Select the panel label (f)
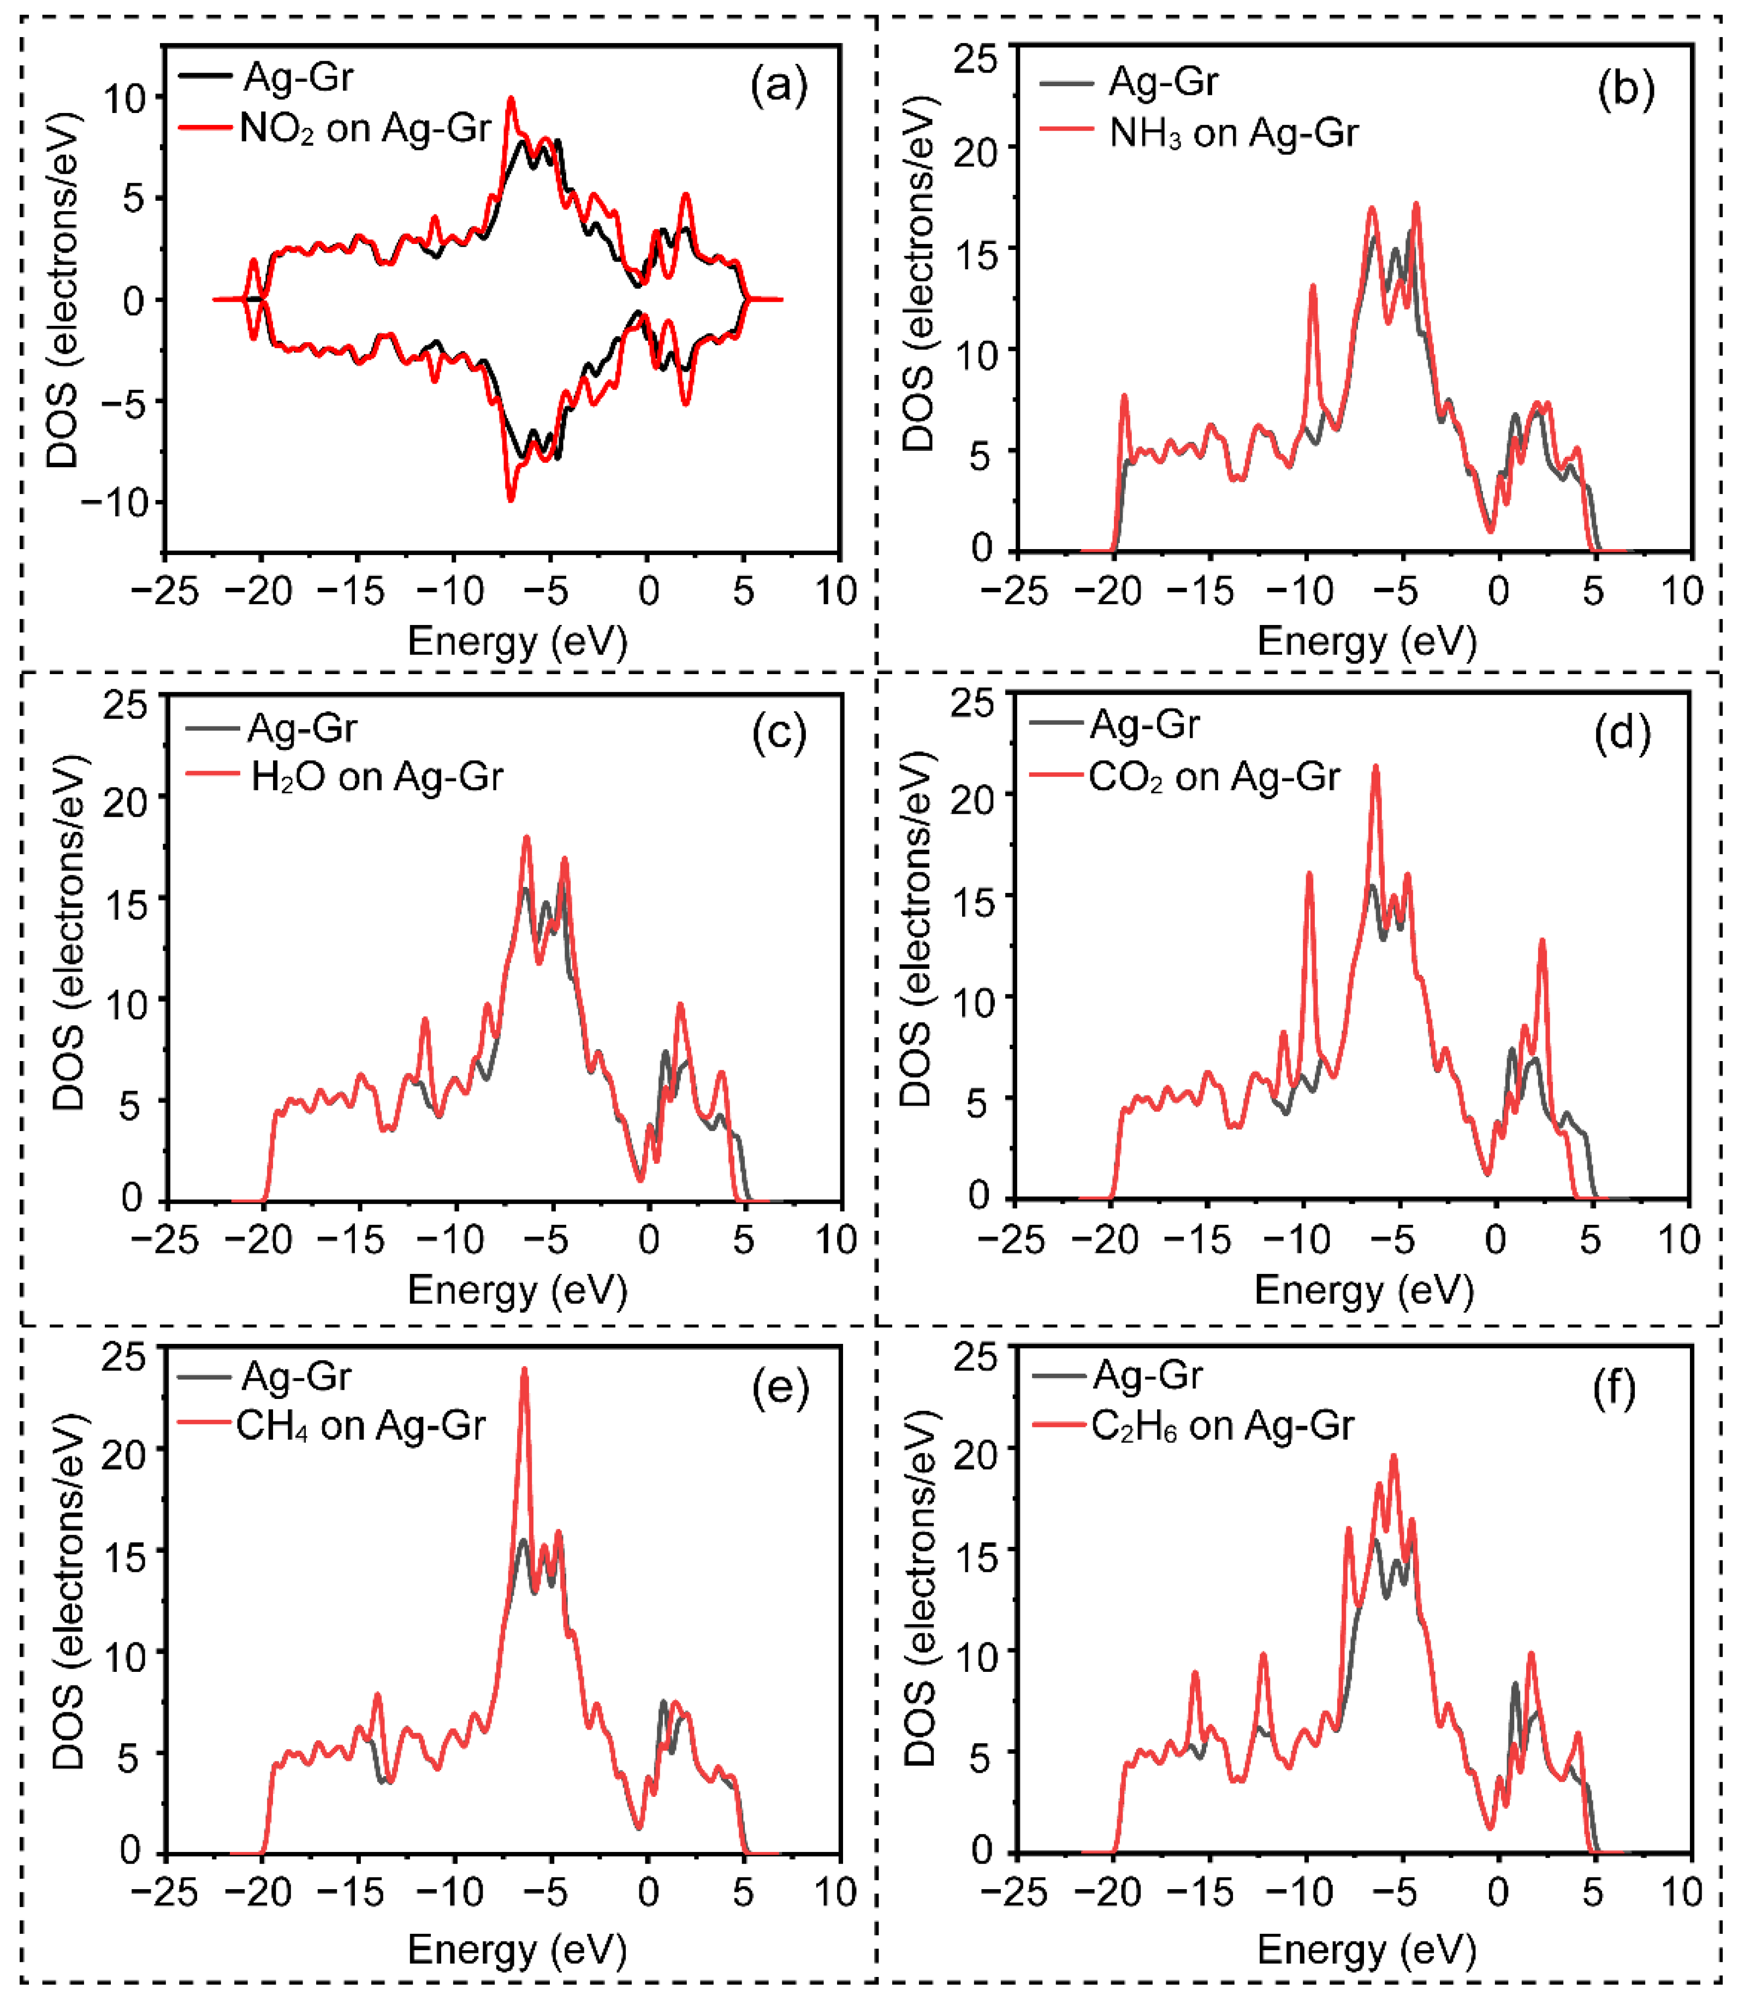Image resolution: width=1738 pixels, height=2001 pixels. click(1615, 1390)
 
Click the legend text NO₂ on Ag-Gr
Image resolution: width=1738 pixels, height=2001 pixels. click(365, 128)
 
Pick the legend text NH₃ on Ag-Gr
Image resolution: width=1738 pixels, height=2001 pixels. click(1233, 133)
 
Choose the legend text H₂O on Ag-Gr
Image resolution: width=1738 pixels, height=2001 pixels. click(376, 777)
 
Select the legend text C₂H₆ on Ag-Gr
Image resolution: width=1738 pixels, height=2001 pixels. click(1222, 1425)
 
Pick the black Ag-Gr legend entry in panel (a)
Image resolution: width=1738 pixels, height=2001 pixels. click(297, 76)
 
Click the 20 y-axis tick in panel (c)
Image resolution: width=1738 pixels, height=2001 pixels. click(126, 801)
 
